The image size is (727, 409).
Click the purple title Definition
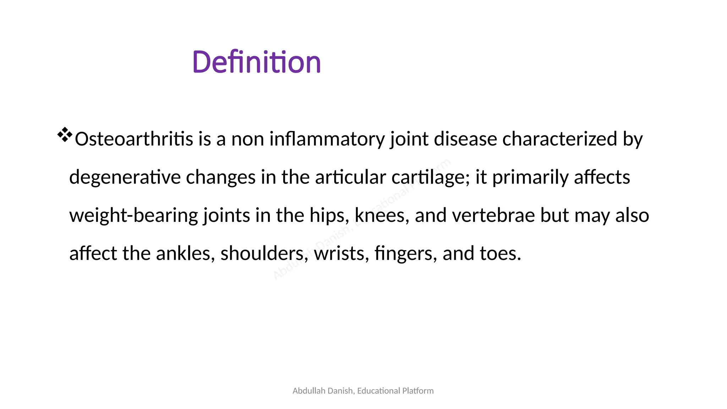tap(256, 62)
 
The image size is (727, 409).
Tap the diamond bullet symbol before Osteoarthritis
tap(65, 135)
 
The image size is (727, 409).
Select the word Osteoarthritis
tap(134, 139)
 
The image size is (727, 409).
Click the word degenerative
tap(125, 177)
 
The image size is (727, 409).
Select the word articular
tap(350, 177)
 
